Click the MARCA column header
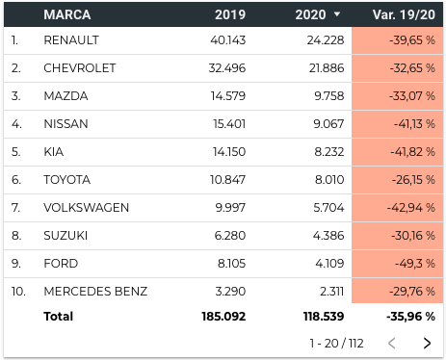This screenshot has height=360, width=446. click(67, 14)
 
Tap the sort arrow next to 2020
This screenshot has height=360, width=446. click(337, 14)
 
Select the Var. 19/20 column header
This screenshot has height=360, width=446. click(404, 14)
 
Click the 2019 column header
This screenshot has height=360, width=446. click(230, 14)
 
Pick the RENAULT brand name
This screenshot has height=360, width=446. click(71, 40)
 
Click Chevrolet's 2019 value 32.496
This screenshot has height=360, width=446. click(227, 68)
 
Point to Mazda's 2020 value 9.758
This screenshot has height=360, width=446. click(329, 96)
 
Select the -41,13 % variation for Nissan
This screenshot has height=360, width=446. click(414, 124)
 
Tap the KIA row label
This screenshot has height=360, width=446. click(54, 152)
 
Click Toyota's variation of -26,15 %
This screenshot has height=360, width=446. click(413, 180)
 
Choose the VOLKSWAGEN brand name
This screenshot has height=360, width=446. click(87, 208)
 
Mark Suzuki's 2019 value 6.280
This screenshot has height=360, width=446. click(230, 236)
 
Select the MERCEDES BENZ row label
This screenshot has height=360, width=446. click(95, 292)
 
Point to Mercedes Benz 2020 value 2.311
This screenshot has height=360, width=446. click(332, 292)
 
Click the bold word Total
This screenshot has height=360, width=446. click(59, 317)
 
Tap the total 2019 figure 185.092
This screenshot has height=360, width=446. click(223, 317)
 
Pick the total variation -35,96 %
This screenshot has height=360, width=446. click(411, 317)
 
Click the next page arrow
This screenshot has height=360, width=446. click(427, 343)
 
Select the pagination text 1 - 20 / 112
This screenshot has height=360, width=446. click(336, 343)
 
